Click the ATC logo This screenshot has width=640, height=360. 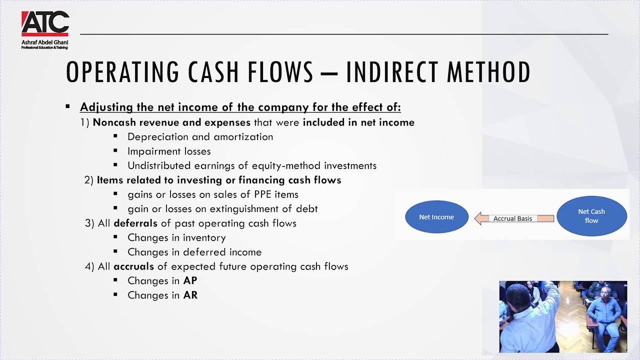45,24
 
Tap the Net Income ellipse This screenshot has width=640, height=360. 436,217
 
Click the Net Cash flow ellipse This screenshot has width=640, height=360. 591,216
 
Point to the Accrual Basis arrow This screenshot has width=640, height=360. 514,218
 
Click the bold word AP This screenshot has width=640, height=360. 190,281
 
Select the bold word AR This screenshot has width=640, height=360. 190,295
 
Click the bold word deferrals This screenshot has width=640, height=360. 135,223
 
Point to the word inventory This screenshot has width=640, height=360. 204,238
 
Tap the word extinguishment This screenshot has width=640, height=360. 246,209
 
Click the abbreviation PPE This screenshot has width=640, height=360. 264,194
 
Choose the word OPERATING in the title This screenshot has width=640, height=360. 122,72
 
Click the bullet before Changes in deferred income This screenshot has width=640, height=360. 116,252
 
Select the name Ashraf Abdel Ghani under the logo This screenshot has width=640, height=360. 44,43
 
